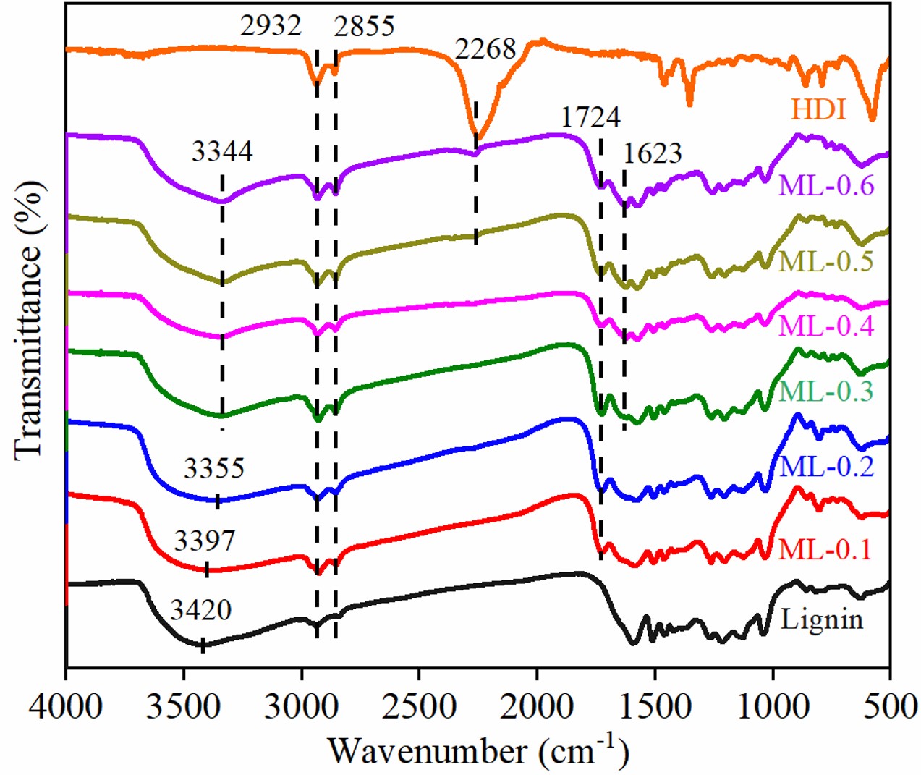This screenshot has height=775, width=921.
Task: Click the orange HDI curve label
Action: click(818, 109)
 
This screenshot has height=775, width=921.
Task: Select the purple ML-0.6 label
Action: click(826, 185)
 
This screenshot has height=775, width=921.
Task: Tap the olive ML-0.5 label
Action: click(826, 261)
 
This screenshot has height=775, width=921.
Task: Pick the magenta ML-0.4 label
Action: click(826, 326)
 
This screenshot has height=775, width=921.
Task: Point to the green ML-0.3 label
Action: click(826, 391)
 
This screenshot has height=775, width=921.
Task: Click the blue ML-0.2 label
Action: click(826, 466)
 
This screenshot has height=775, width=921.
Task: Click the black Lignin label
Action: click(822, 619)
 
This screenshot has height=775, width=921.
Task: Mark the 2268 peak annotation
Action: click(485, 49)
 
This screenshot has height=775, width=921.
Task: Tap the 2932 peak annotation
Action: click(271, 26)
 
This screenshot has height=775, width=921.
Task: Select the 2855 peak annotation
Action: click(364, 26)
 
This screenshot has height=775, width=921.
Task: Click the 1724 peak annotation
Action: click(590, 117)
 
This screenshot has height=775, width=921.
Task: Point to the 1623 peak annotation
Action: click(653, 153)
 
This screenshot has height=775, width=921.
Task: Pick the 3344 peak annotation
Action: click(222, 151)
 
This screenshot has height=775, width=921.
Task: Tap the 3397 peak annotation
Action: click(205, 540)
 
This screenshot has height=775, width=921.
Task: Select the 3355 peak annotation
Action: click(214, 468)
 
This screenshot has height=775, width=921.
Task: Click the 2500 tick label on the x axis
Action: click(418, 706)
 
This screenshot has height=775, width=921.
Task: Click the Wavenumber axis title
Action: click(478, 750)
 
